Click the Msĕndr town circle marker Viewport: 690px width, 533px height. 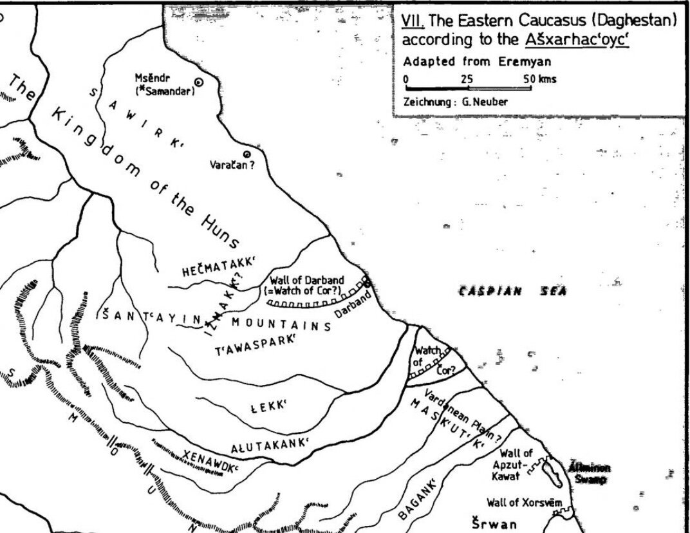[199, 82]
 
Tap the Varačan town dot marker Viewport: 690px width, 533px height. [247, 154]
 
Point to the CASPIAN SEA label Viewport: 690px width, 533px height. [512, 292]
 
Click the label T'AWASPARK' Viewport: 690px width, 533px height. [254, 344]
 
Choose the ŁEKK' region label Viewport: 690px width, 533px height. [268, 406]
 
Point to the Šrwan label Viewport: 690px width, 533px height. [494, 523]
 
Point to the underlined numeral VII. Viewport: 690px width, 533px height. [409, 20]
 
